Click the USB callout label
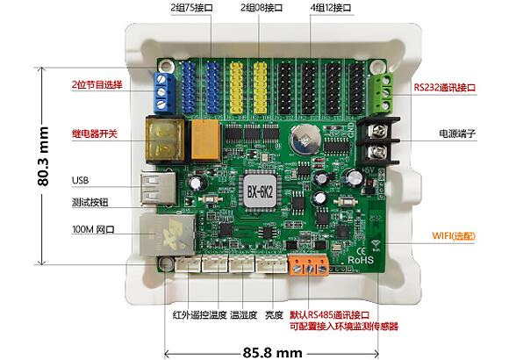pyautogui.click(x=81, y=181)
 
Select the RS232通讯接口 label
pyautogui.click(x=444, y=87)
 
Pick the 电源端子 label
pyautogui.click(x=457, y=134)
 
